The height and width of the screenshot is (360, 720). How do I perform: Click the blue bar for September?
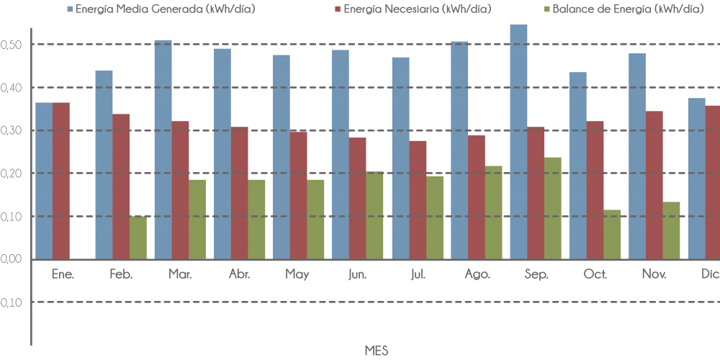[x=518, y=142]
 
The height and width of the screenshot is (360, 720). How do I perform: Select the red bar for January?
[x=61, y=181]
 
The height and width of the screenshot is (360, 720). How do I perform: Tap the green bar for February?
[x=138, y=238]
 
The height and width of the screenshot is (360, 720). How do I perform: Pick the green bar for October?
[x=612, y=234]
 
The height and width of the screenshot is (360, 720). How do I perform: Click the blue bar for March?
[x=163, y=149]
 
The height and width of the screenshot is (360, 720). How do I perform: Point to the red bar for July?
[x=418, y=199]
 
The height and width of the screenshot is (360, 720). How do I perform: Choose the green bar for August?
[x=493, y=212]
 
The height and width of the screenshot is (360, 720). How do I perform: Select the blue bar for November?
[x=636, y=156]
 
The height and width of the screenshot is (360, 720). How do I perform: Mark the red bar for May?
[x=298, y=195]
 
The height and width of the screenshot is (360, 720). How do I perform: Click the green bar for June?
[x=374, y=215]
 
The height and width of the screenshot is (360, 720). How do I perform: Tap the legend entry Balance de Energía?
[x=623, y=9]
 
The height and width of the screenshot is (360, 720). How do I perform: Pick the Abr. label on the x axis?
[x=239, y=274]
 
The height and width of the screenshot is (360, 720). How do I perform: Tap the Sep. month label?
[x=536, y=274]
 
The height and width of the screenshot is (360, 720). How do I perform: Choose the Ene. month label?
[x=63, y=274]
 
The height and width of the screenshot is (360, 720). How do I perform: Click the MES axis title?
[x=377, y=351]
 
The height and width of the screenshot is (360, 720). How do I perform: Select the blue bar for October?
[x=577, y=166]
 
